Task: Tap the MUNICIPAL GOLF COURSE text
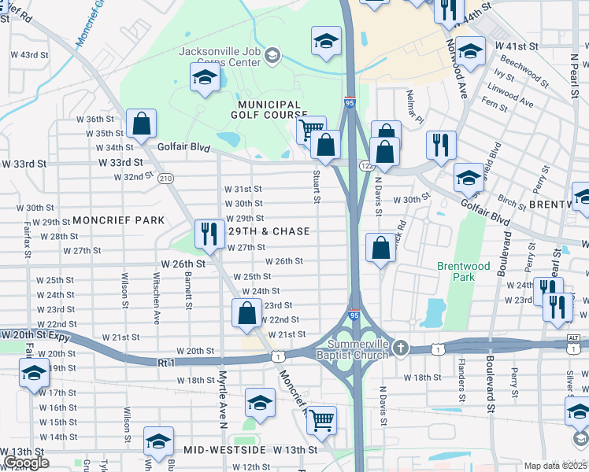click(x=270, y=109)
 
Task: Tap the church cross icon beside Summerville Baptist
click(x=401, y=347)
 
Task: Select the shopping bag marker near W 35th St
click(x=142, y=124)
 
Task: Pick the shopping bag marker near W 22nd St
click(x=247, y=312)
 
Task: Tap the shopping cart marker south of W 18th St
click(x=321, y=420)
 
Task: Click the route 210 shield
click(x=165, y=179)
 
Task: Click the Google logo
click(x=26, y=463)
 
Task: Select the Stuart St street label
click(x=317, y=186)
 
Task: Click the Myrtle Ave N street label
click(x=223, y=396)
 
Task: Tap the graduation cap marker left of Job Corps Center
click(x=205, y=78)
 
